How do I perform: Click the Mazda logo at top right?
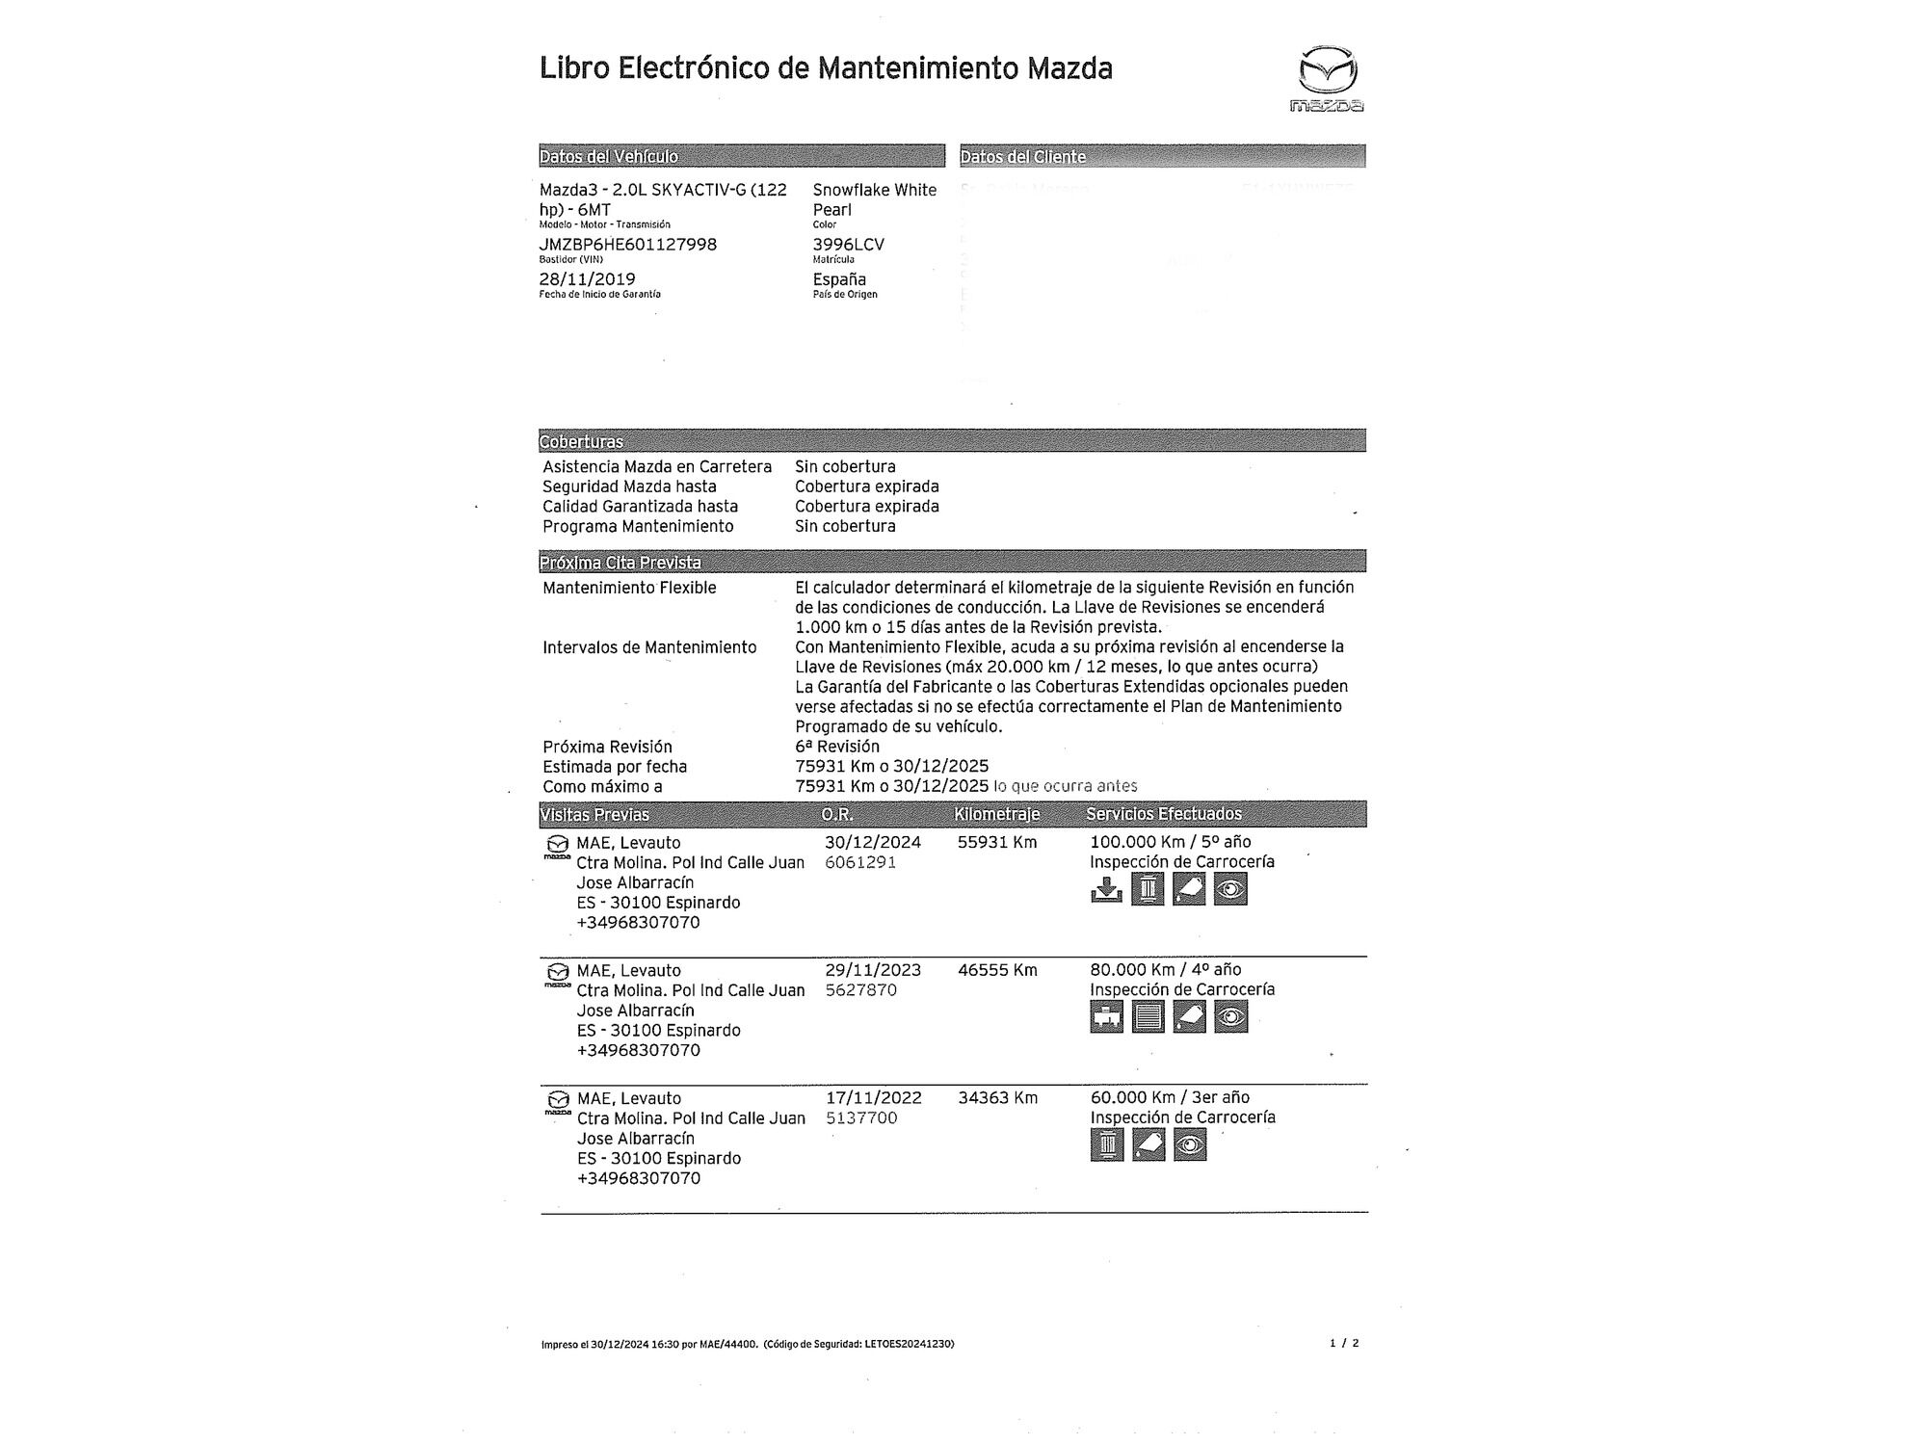coord(1327,77)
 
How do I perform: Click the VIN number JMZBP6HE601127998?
coord(627,245)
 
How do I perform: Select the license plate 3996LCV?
coord(848,245)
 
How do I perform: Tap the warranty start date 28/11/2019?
coord(587,279)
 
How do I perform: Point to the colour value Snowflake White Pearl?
coord(874,199)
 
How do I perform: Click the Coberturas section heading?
coord(581,441)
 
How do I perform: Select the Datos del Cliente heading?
coord(1022,156)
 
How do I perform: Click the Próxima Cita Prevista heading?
coord(620,562)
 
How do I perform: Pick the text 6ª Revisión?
coord(836,747)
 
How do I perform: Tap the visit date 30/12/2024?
coord(872,842)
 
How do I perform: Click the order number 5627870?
coord(860,990)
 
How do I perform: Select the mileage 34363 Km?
coord(997,1097)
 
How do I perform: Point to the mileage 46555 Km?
coord(997,970)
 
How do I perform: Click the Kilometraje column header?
coord(996,814)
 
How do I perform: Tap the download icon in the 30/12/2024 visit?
coord(1106,889)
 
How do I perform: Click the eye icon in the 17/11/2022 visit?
coord(1190,1144)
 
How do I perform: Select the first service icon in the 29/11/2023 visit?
coord(1107,1016)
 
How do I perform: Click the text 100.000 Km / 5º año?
coord(1170,842)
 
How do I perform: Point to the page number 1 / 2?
coord(1343,1343)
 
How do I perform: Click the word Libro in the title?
coord(574,68)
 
